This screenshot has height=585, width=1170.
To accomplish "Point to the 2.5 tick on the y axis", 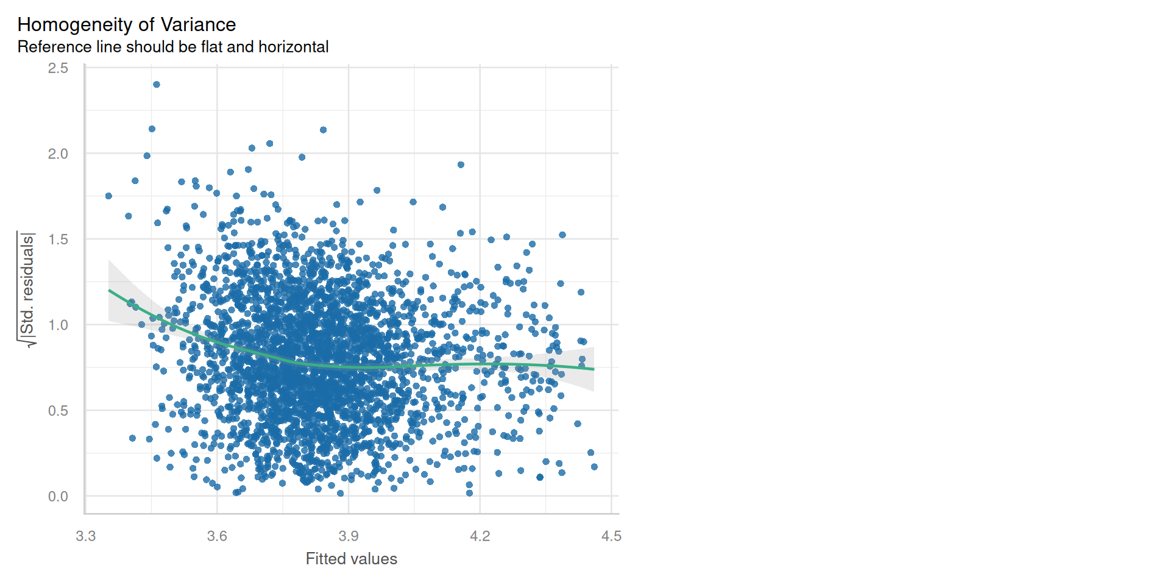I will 58,68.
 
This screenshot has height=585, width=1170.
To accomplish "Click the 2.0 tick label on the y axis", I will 58,154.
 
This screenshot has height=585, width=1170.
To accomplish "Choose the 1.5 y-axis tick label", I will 58,239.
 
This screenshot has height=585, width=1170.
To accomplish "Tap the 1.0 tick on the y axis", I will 58,325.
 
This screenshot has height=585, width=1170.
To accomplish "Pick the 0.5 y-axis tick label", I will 58,411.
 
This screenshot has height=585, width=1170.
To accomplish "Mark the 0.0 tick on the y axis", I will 58,497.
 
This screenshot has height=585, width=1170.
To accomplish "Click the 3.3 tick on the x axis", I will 85,536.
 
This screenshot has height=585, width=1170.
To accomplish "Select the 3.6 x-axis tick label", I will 217,536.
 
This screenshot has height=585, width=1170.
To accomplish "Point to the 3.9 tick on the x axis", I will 349,536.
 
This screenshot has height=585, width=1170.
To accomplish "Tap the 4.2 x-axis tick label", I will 480,536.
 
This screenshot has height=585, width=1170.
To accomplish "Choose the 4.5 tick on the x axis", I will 611,536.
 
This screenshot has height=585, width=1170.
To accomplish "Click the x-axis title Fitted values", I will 351,559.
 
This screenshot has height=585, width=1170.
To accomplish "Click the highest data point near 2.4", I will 157,85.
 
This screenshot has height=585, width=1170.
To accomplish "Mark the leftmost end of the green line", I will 110,291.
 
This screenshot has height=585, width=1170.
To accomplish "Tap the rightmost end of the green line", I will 593,369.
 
